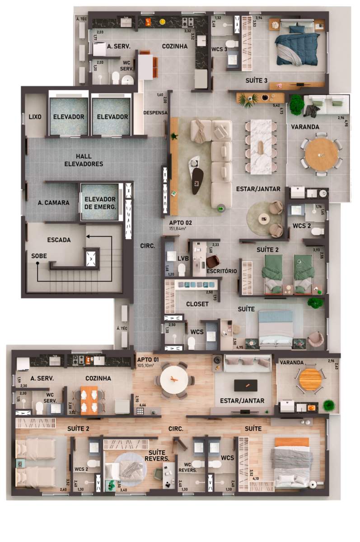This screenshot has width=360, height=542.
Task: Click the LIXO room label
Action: click(35, 117)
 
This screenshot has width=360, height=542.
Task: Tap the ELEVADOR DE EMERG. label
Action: click(100, 203)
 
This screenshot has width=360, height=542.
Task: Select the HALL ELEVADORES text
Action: click(83, 160)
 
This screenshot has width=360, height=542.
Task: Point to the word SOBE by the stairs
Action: click(39, 256)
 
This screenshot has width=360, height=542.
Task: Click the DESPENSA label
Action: click(155, 112)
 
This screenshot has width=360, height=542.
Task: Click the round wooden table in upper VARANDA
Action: click(321, 154)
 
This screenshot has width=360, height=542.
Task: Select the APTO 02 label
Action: click(180, 223)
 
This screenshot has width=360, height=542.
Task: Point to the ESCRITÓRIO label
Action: click(221, 271)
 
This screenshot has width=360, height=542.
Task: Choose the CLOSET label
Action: click(197, 304)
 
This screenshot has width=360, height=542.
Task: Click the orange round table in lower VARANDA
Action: click(310, 379)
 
